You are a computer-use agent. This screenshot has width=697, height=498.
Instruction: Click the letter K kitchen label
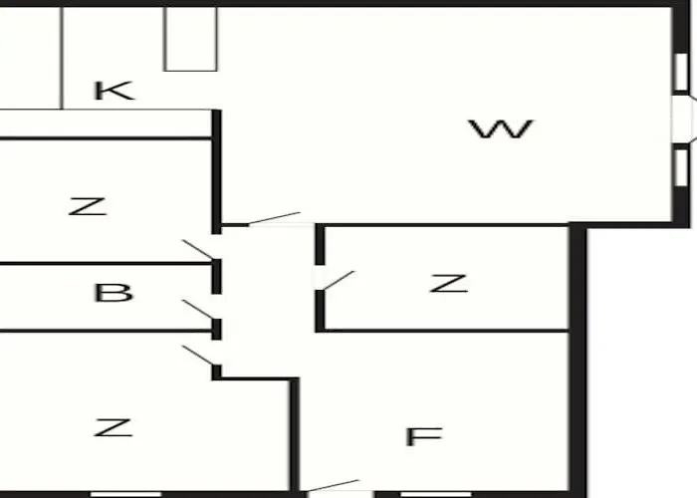pyautogui.click(x=114, y=91)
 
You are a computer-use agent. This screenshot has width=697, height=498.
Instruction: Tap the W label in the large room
pyautogui.click(x=501, y=128)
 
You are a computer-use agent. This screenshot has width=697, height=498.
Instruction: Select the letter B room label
pyautogui.click(x=114, y=293)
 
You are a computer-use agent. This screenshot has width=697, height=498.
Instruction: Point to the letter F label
pyautogui.click(x=423, y=436)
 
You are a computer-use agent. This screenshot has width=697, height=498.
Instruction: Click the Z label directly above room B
pyautogui.click(x=88, y=207)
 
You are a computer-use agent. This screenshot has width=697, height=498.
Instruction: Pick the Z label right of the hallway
pyautogui.click(x=448, y=283)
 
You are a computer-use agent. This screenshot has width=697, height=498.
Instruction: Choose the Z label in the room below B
pyautogui.click(x=113, y=427)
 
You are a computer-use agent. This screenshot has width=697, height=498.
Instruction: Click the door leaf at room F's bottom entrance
pyautogui.click(x=333, y=485)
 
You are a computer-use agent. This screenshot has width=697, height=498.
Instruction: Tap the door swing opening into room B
pyautogui.click(x=198, y=310)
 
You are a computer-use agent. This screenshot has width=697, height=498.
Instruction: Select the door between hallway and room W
pyautogui.click(x=274, y=218)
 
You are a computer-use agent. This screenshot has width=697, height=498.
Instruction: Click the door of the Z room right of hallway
pyautogui.click(x=339, y=281)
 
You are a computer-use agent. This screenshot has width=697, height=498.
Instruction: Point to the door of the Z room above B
pyautogui.click(x=198, y=249)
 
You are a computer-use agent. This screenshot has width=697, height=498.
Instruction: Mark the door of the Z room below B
pyautogui.click(x=198, y=356)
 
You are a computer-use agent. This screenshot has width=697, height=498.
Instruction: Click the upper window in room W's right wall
pyautogui.click(x=681, y=73)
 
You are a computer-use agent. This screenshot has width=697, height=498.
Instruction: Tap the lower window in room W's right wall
pyautogui.click(x=681, y=167)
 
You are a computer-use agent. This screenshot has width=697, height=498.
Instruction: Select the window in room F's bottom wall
pyautogui.click(x=436, y=494)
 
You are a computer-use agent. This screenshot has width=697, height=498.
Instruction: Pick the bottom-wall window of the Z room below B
pyautogui.click(x=125, y=494)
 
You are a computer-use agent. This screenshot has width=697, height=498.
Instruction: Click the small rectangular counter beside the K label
pyautogui.click(x=191, y=39)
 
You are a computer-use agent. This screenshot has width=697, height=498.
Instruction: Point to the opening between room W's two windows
pyautogui.click(x=681, y=120)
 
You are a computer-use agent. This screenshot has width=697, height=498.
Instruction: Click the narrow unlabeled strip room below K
pyautogui.click(x=105, y=124)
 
